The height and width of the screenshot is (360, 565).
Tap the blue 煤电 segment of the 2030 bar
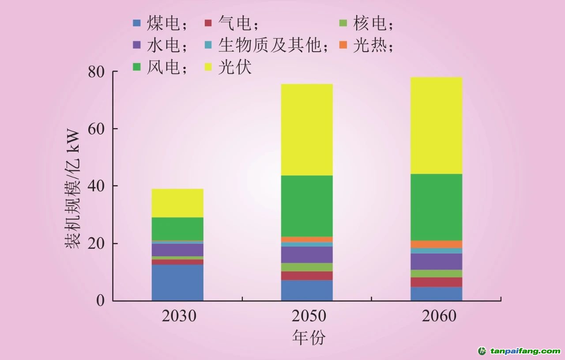pyautogui.click(x=177, y=282)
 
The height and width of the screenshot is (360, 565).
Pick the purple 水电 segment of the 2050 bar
pyautogui.click(x=307, y=254)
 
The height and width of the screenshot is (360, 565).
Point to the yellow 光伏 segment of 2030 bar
pyautogui.click(x=177, y=203)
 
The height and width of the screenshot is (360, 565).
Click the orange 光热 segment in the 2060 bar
pyautogui.click(x=436, y=244)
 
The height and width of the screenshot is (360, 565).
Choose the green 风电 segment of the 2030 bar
pyautogui.click(x=177, y=229)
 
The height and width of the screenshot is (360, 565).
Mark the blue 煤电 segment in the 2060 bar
pyautogui.click(x=436, y=294)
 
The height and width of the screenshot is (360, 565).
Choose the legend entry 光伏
pyautogui.click(x=234, y=68)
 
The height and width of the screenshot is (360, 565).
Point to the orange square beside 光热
pyautogui.click(x=344, y=45)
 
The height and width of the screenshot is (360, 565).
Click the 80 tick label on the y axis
pyautogui.click(x=98, y=72)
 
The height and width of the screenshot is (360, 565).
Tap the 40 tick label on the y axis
pyautogui.click(x=98, y=186)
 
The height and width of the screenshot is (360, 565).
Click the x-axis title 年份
pyautogui.click(x=309, y=338)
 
